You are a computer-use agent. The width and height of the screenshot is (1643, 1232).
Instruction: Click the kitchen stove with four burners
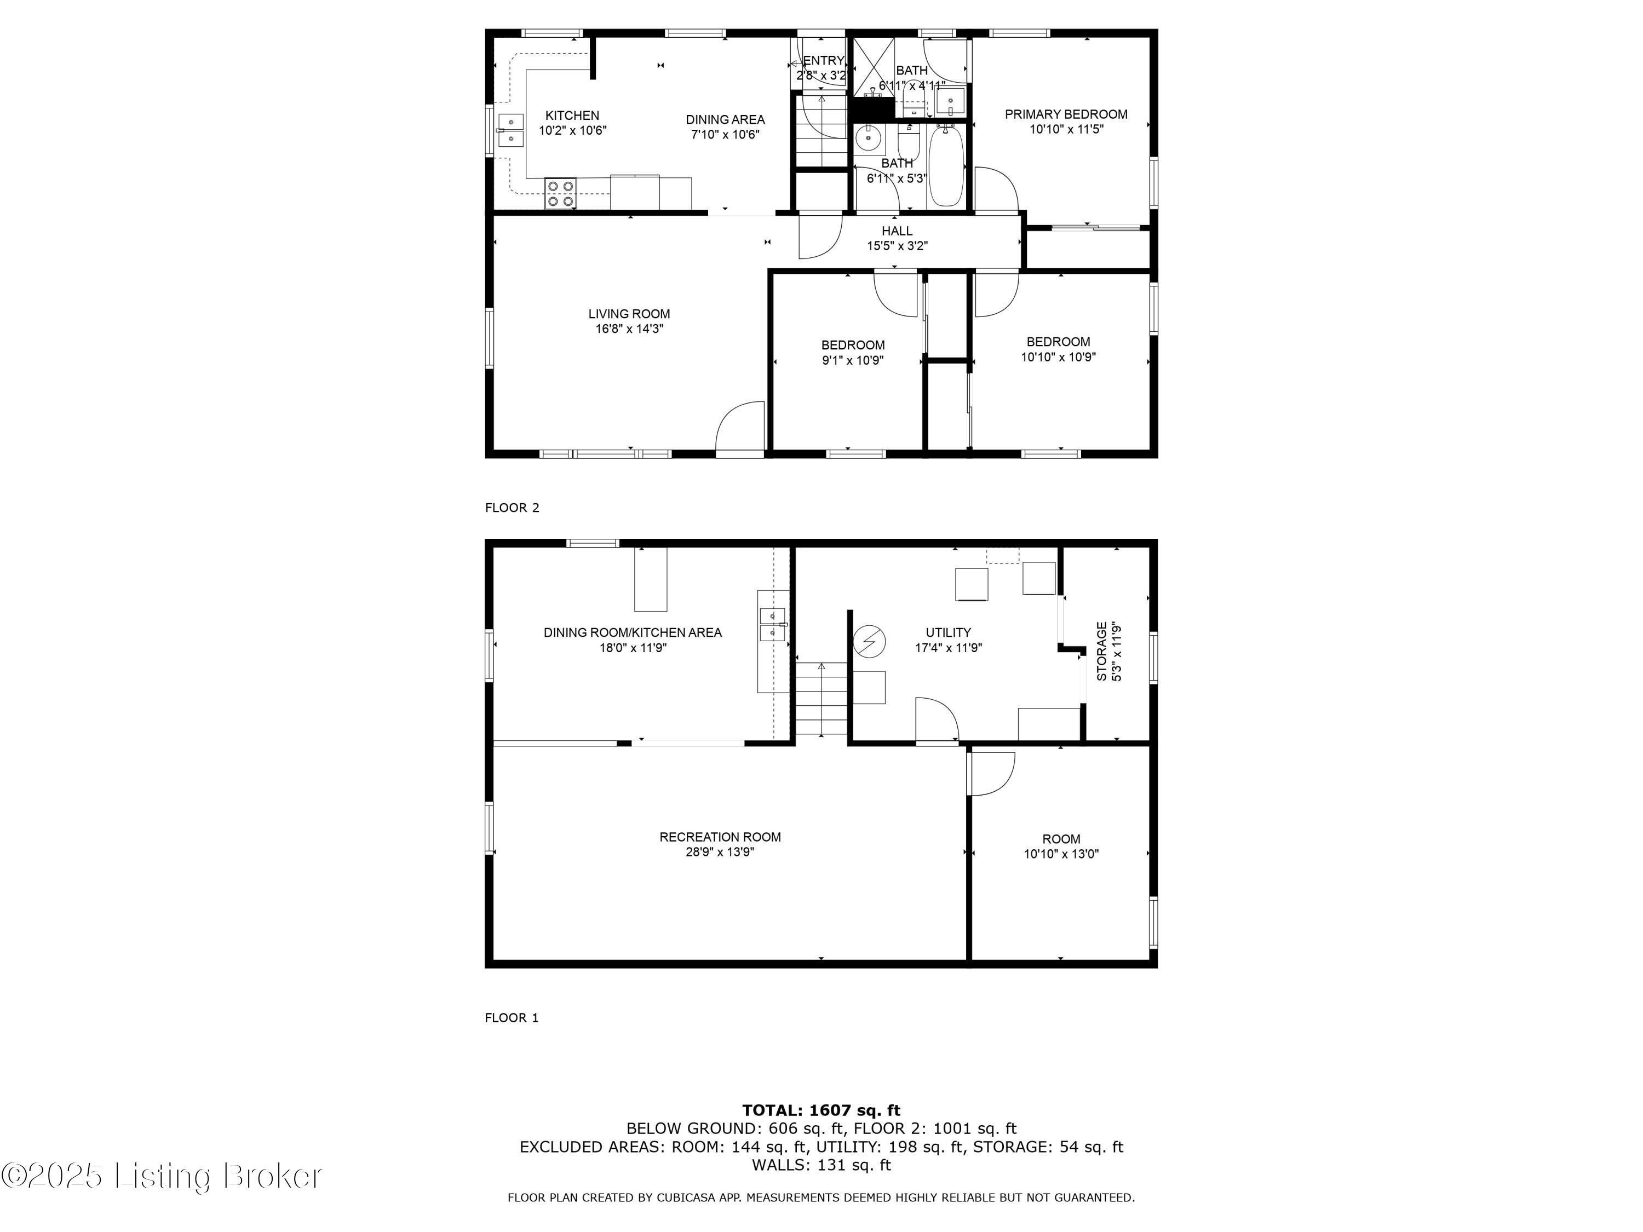point(561,193)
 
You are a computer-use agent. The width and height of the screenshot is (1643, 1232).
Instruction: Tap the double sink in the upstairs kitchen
point(511,131)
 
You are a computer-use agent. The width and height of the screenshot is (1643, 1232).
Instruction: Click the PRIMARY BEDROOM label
point(1066,114)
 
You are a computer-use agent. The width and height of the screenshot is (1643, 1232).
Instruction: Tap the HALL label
point(897,231)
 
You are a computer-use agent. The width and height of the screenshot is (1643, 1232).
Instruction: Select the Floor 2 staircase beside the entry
point(821,132)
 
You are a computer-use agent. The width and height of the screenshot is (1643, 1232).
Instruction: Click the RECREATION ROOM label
point(720,837)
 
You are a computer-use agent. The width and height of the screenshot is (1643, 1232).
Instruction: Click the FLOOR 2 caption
point(512,508)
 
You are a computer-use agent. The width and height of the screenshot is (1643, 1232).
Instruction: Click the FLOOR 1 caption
point(511,1017)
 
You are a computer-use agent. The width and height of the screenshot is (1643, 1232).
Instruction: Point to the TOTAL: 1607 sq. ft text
point(821,1110)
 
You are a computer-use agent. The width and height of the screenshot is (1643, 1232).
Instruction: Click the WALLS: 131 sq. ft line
point(821,1165)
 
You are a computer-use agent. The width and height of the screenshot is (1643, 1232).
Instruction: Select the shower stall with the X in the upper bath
point(873,67)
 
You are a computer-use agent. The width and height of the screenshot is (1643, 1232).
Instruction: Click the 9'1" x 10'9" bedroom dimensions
point(853,361)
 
